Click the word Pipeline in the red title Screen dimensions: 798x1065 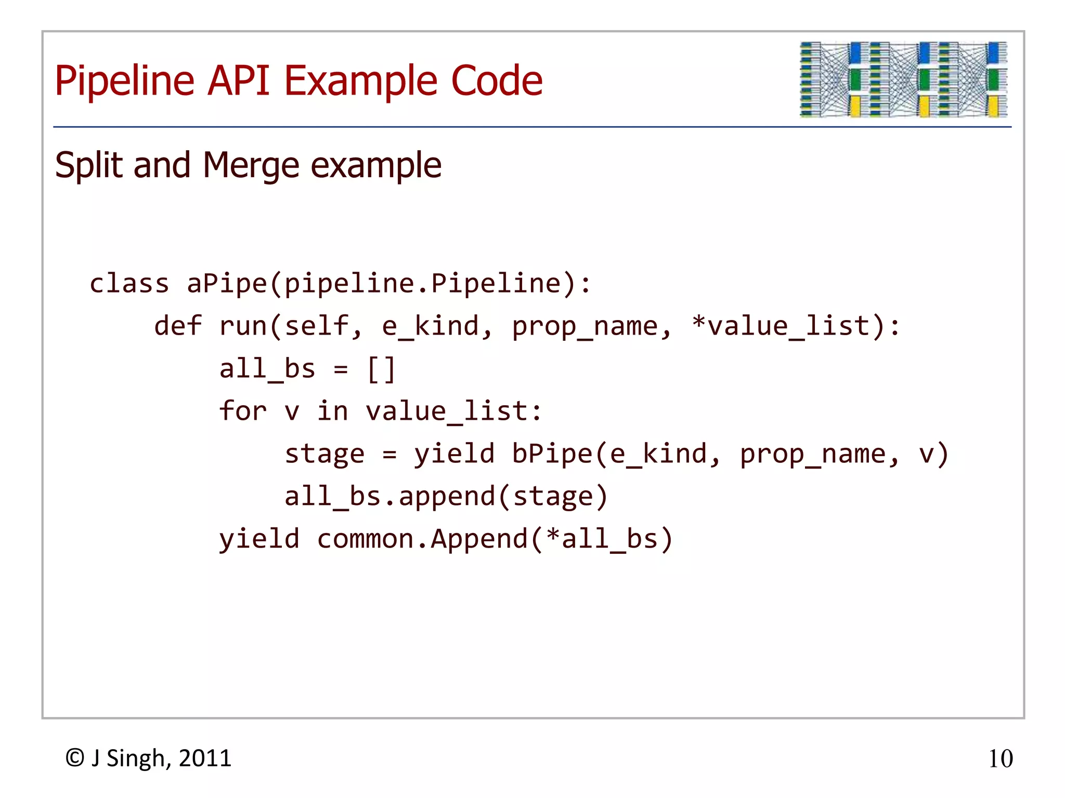tap(125, 81)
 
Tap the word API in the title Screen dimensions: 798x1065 tap(239, 81)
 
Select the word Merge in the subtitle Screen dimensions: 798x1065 tap(251, 166)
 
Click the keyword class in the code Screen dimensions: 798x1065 tap(129, 284)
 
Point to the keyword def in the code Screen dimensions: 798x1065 tap(178, 326)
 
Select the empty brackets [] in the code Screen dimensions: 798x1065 tap(381, 369)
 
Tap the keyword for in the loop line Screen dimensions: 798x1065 tap(242, 411)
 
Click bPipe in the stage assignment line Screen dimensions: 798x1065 tap(552, 454)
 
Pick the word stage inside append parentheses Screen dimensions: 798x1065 tap(553, 497)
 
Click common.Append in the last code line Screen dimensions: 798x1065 tap(422, 539)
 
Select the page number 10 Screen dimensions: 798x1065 tap(1000, 759)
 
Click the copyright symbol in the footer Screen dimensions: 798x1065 tap(75, 759)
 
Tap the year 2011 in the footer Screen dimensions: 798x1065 tap(205, 759)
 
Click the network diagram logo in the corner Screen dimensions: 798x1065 tap(903, 79)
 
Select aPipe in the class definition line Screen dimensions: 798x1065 tap(227, 284)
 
